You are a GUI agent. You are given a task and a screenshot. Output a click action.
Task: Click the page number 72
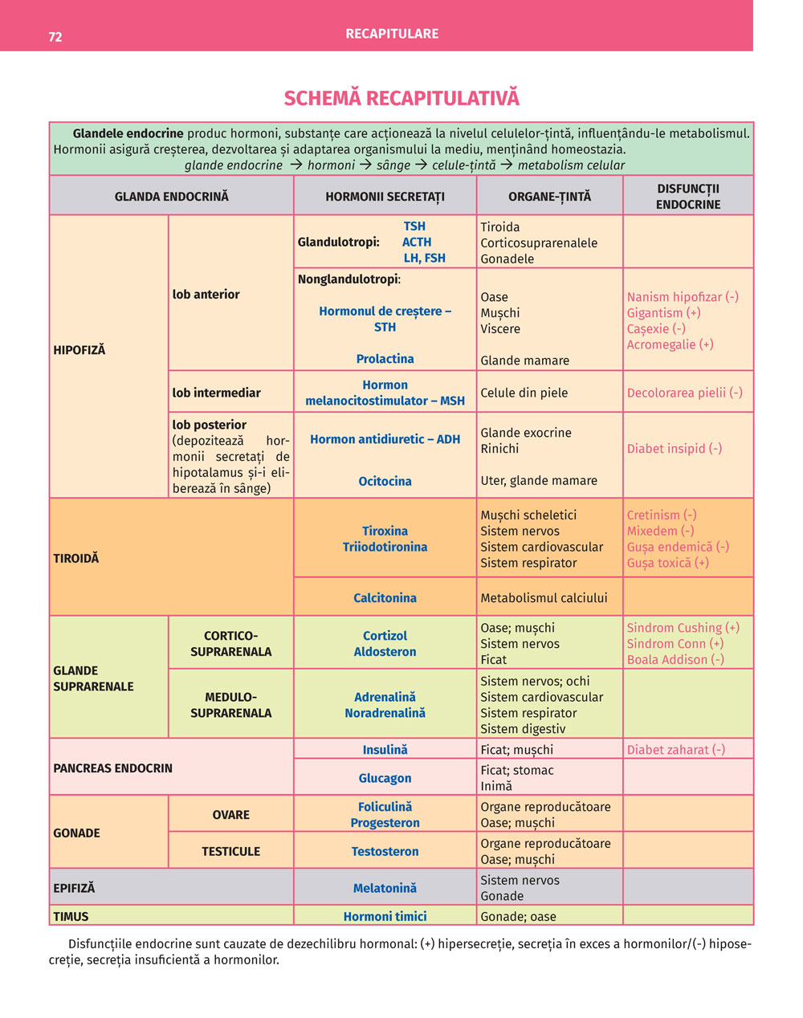pyautogui.click(x=55, y=37)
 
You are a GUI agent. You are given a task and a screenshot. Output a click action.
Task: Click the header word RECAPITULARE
pyautogui.click(x=392, y=34)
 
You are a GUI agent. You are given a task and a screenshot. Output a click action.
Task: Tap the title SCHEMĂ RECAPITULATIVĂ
pyautogui.click(x=401, y=98)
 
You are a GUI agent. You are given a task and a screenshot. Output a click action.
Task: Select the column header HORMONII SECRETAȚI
pyautogui.click(x=385, y=197)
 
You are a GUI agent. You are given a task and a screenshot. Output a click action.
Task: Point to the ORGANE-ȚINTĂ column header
pyautogui.click(x=549, y=197)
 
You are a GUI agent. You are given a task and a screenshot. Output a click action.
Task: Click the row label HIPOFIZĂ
pyautogui.click(x=79, y=350)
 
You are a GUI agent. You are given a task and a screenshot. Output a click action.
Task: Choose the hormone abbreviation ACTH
pyautogui.click(x=417, y=242)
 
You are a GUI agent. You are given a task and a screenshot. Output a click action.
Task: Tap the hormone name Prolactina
pyautogui.click(x=385, y=359)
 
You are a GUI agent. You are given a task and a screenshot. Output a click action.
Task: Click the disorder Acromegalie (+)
pyautogui.click(x=670, y=344)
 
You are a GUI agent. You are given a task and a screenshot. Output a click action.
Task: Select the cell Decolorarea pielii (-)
pyautogui.click(x=684, y=393)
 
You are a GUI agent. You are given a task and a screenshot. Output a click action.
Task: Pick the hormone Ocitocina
pyautogui.click(x=385, y=481)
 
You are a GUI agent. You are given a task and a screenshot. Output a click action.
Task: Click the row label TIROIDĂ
pyautogui.click(x=76, y=558)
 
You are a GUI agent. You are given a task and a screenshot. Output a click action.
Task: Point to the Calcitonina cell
pyautogui.click(x=385, y=598)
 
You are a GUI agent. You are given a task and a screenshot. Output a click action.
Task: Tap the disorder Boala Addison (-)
pyautogui.click(x=675, y=660)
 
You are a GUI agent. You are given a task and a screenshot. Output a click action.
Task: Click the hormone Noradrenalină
pyautogui.click(x=385, y=713)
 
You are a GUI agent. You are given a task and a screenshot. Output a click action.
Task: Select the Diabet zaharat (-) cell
pyautogui.click(x=675, y=750)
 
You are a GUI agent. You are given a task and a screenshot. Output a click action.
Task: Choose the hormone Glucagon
pyautogui.click(x=385, y=778)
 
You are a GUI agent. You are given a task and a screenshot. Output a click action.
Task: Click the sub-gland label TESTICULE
pyautogui.click(x=230, y=851)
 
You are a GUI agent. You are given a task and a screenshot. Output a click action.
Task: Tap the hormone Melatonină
pyautogui.click(x=385, y=888)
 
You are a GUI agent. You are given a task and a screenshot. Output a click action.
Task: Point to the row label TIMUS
pyautogui.click(x=71, y=916)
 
